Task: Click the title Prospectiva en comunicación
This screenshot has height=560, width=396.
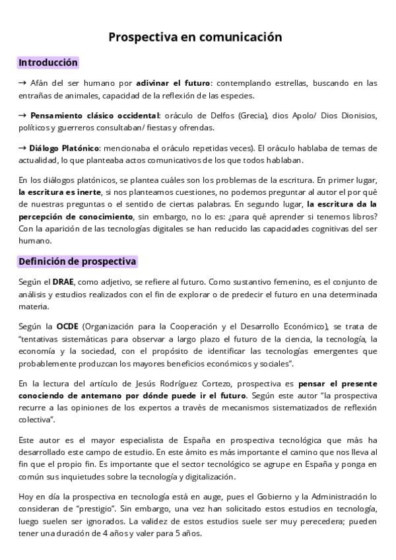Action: [x=195, y=37]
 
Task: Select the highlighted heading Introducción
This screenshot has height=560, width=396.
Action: [x=48, y=63]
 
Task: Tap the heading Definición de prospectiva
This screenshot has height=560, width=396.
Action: [x=77, y=261]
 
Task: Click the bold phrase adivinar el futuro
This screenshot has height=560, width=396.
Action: [x=173, y=83]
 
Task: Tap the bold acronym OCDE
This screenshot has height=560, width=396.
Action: [x=67, y=326]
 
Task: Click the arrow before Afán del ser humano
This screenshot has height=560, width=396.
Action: [x=22, y=83]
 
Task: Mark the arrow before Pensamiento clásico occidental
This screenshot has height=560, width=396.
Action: [x=22, y=116]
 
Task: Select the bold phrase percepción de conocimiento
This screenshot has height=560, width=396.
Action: [x=75, y=217]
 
